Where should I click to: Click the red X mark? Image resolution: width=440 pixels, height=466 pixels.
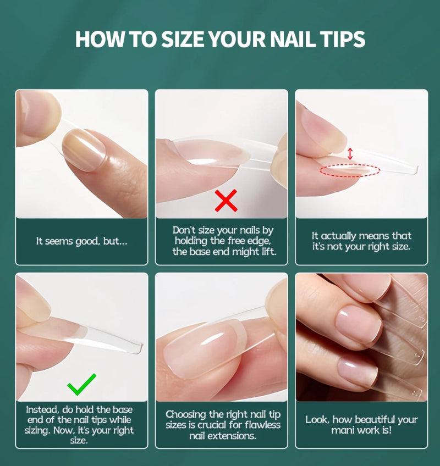tap(226, 201)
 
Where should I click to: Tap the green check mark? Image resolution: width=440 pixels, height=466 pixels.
tap(81, 385)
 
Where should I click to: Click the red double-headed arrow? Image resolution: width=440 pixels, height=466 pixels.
tap(350, 153)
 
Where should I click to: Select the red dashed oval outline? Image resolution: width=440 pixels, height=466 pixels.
tap(350, 171)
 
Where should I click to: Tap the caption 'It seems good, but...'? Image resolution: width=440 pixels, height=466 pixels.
tap(81, 241)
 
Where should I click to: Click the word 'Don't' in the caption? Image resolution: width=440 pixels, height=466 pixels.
tap(184, 231)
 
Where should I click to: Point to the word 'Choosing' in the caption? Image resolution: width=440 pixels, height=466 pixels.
tap(186, 414)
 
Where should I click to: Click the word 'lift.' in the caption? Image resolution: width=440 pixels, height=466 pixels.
tap(265, 252)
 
